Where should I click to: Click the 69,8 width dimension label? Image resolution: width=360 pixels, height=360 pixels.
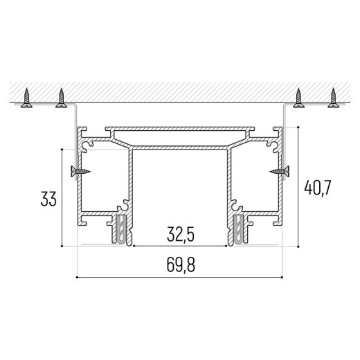point(181,265)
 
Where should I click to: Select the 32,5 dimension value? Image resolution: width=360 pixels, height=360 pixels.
point(181,235)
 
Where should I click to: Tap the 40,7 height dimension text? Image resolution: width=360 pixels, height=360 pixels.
point(318,188)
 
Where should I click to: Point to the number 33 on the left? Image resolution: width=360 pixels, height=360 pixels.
point(48,199)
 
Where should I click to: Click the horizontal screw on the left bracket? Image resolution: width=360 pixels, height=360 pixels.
point(80,172)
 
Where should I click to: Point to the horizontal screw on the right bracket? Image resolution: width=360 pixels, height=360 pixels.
point(279,171)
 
